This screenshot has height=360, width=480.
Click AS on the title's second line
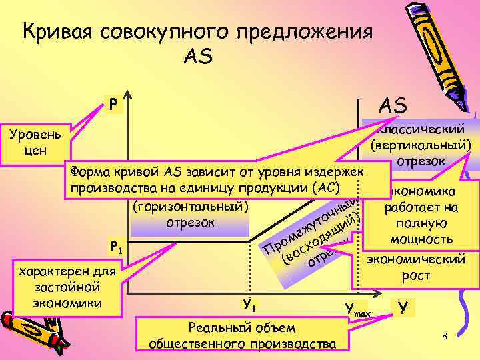click(x=197, y=57)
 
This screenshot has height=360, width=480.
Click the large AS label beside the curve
click(x=393, y=105)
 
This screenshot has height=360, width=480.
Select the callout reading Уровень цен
click(x=34, y=141)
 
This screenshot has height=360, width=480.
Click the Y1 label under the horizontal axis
click(x=250, y=306)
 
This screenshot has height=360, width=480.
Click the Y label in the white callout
click(x=402, y=307)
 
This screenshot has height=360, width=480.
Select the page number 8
click(x=444, y=337)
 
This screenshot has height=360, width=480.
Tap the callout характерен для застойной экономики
click(x=67, y=287)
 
